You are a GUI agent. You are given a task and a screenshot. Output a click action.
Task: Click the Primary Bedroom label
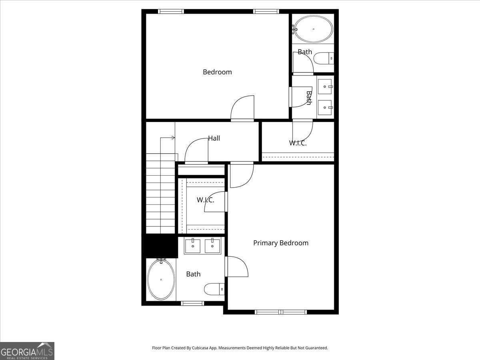coord(280,243)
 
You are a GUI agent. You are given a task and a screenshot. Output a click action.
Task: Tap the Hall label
coord(214,138)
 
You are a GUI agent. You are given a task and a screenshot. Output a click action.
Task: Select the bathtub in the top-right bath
coord(313,29)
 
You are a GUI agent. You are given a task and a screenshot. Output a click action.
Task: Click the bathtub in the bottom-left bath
coord(161,279)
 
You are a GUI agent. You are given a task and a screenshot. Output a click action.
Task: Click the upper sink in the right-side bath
coord(325,86)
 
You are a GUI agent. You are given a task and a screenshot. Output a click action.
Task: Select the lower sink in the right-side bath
coord(325,107)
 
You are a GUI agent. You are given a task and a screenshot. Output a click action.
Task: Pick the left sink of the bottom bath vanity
coord(193,246)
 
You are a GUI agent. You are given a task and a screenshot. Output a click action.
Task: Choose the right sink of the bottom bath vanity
coord(212,246)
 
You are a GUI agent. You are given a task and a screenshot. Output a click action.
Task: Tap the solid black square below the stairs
coord(160,246)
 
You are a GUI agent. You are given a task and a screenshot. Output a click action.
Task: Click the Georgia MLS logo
coord(27,351)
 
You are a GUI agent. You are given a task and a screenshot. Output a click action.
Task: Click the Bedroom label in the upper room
coord(217,72)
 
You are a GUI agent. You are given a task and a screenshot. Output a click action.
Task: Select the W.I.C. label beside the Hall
coord(298,143)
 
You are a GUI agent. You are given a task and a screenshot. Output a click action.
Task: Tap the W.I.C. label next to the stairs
coord(206,200)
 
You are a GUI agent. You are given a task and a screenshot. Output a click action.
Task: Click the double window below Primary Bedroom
coord(281,312)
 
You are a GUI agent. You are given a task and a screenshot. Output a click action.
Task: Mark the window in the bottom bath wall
coord(192,303)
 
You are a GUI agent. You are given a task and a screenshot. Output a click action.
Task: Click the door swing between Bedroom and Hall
coord(242,108)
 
